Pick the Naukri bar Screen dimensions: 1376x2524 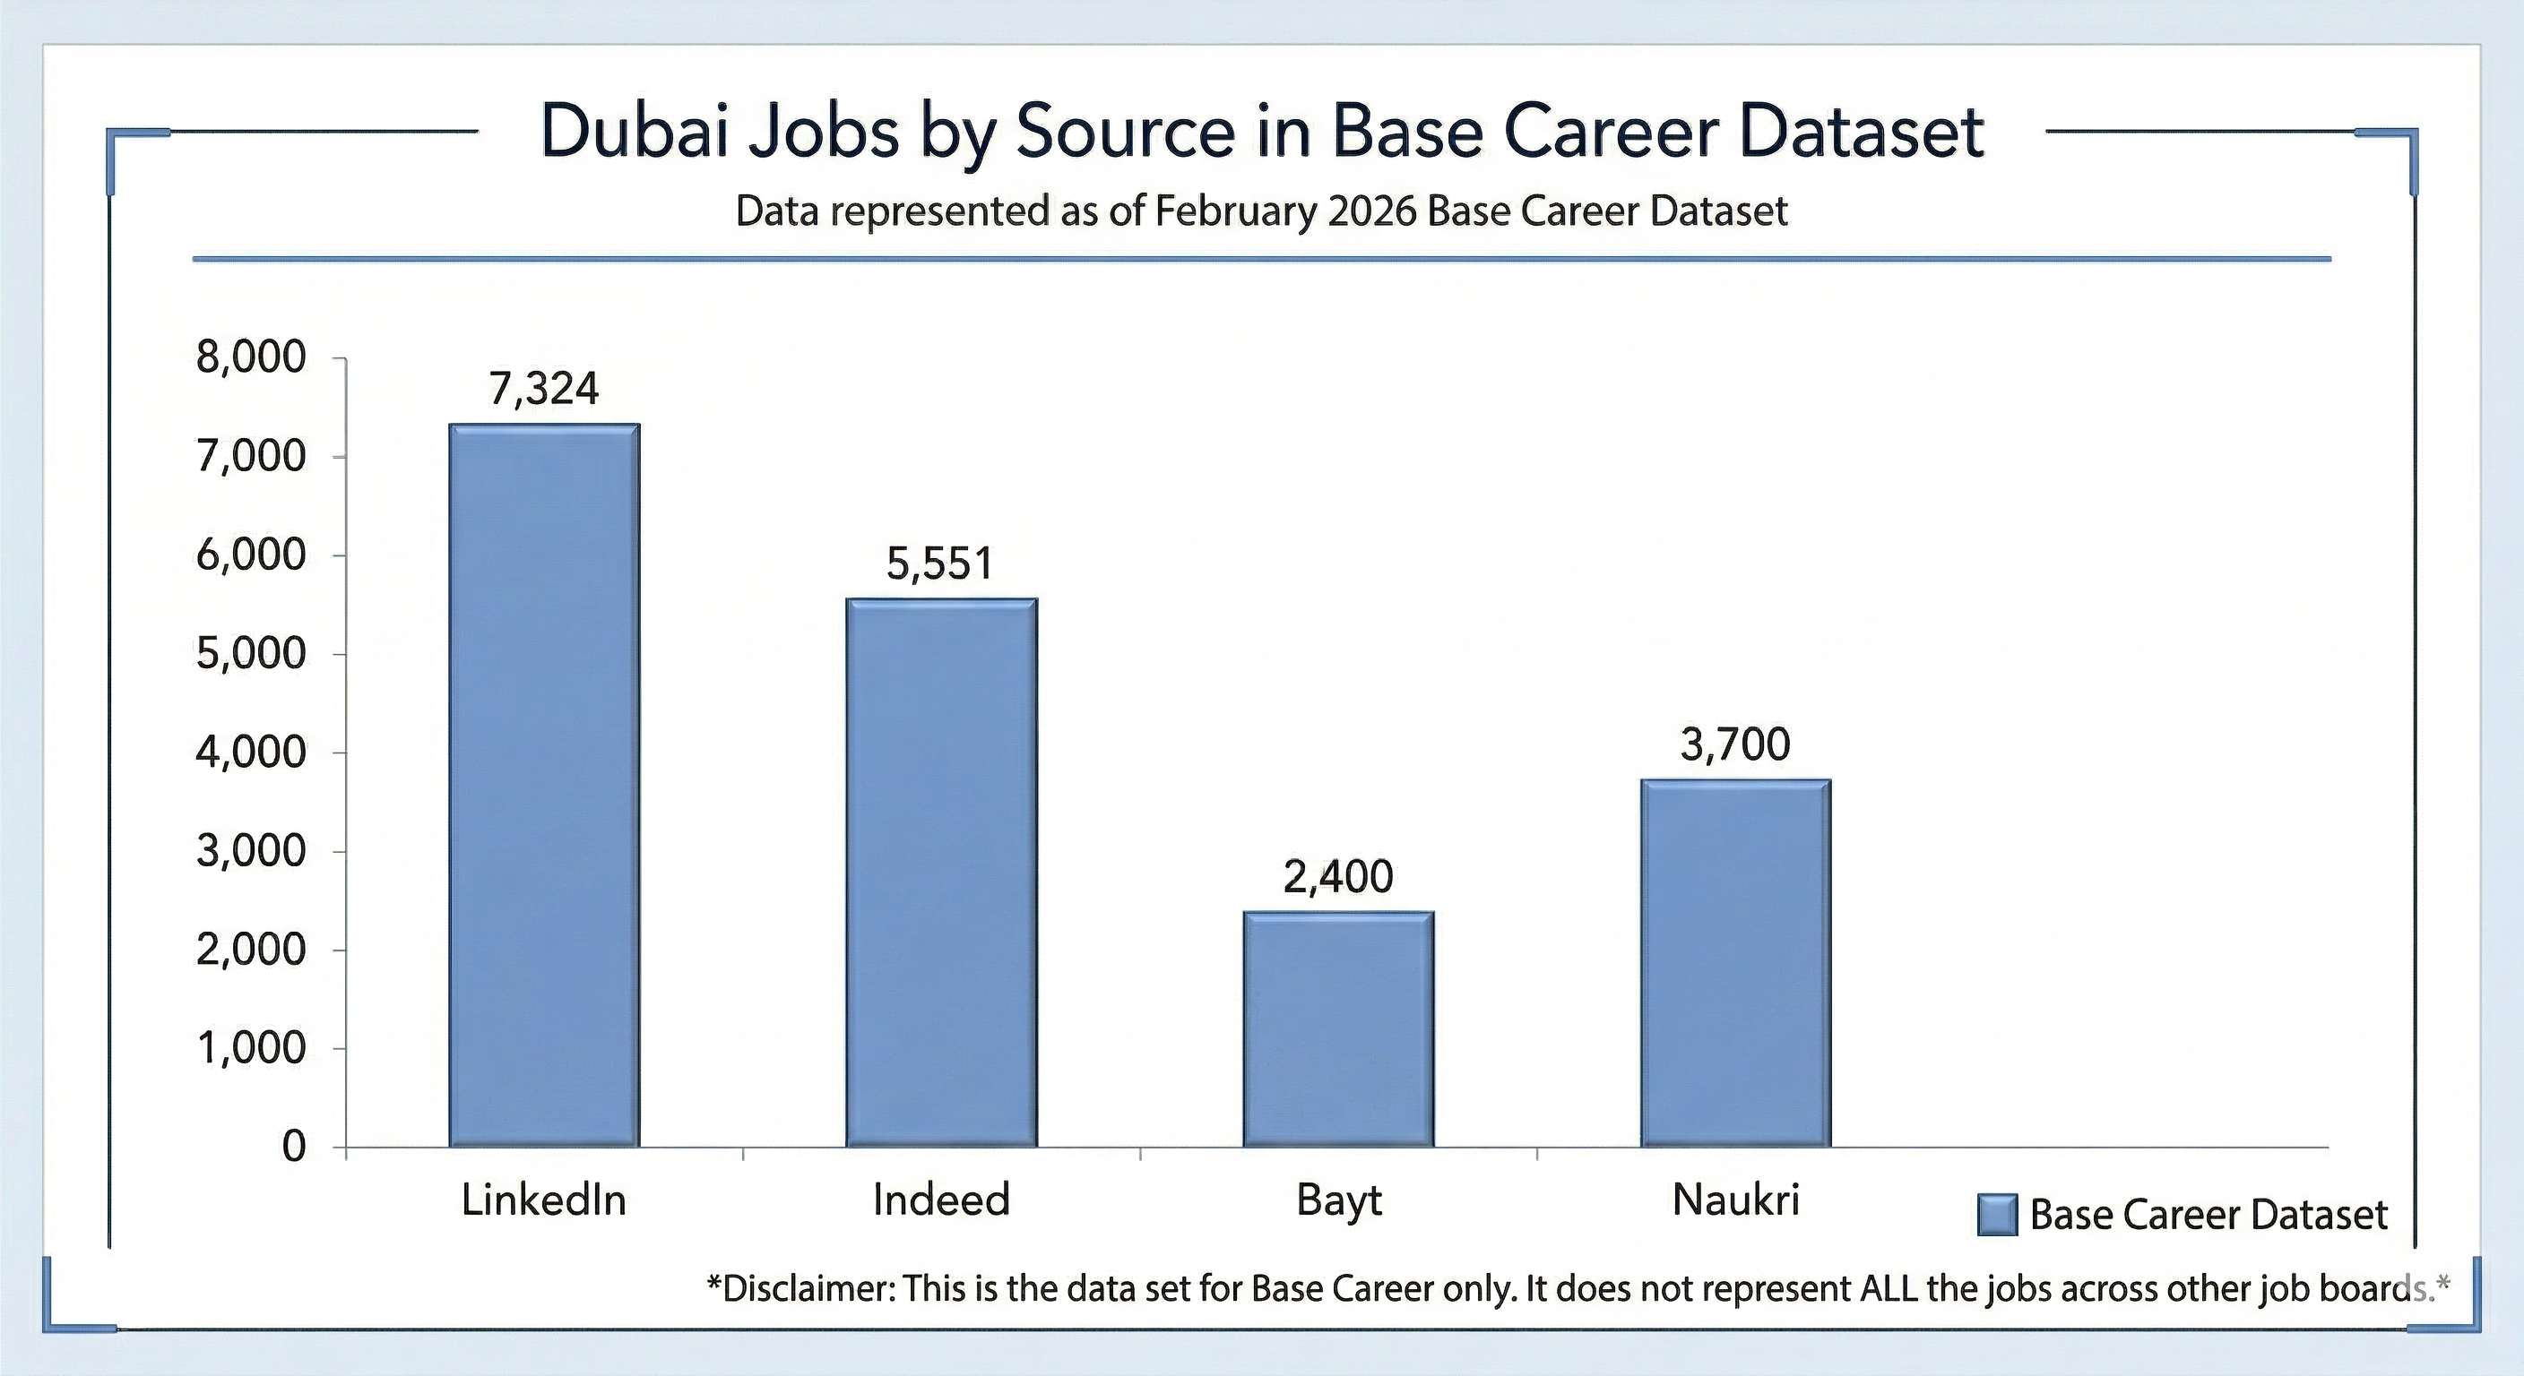[x=1736, y=963]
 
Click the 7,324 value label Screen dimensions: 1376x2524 [x=544, y=390]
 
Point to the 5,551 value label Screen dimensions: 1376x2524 [x=939, y=564]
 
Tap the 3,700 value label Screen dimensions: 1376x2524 [x=1735, y=745]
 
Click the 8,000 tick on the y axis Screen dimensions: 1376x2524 [x=252, y=358]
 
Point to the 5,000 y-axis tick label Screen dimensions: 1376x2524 [x=252, y=654]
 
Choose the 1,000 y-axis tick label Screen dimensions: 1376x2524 [x=252, y=1049]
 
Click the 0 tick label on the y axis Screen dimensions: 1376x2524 [x=294, y=1147]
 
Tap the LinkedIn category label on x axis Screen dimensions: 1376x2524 [x=544, y=1200]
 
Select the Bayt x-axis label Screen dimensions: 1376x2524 [x=1338, y=1200]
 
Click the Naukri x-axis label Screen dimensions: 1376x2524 [x=1736, y=1200]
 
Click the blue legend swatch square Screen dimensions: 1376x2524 [x=1997, y=1216]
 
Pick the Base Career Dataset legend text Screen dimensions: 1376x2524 [x=2208, y=1216]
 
